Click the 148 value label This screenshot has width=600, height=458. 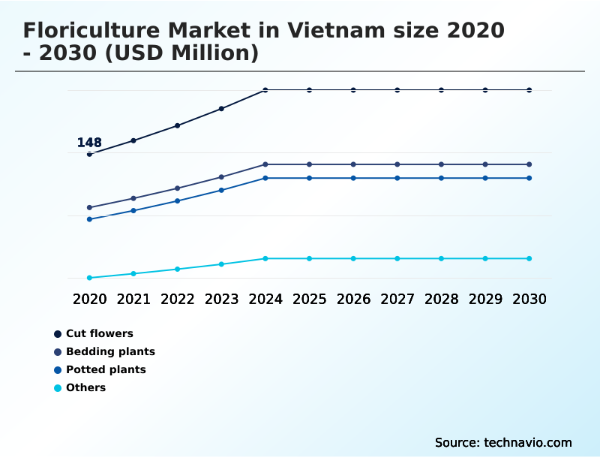pyautogui.click(x=89, y=143)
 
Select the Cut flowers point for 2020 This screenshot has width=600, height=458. pyautogui.click(x=89, y=154)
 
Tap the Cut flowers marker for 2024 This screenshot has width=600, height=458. pyautogui.click(x=265, y=90)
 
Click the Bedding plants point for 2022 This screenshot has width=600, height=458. pyautogui.click(x=178, y=188)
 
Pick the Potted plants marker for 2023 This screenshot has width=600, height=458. pyautogui.click(x=221, y=190)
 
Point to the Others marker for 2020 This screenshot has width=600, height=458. pyautogui.click(x=89, y=278)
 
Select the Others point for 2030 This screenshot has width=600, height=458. pyautogui.click(x=529, y=258)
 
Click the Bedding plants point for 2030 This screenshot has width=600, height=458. pyautogui.click(x=529, y=164)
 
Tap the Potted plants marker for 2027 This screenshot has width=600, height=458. pyautogui.click(x=397, y=178)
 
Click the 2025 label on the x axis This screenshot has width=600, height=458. pyautogui.click(x=309, y=299)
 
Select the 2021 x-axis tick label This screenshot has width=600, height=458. pyautogui.click(x=133, y=299)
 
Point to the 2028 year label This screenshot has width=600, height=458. pyautogui.click(x=441, y=299)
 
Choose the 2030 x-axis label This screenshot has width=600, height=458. pyautogui.click(x=529, y=299)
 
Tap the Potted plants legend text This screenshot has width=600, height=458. pyautogui.click(x=106, y=369)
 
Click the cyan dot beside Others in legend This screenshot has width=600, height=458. pyautogui.click(x=58, y=388)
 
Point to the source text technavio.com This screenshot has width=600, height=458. pyautogui.click(x=528, y=442)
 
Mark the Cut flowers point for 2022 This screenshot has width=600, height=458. pyautogui.click(x=178, y=125)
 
